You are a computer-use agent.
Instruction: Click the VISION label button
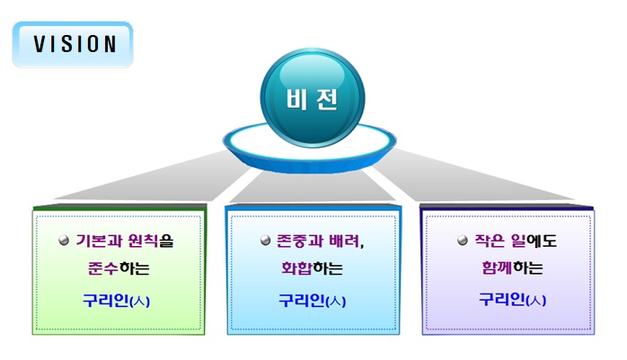click(x=73, y=44)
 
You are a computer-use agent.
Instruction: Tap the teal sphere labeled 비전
click(x=313, y=98)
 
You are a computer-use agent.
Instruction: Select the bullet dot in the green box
click(x=64, y=241)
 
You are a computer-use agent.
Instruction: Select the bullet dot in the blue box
click(x=266, y=241)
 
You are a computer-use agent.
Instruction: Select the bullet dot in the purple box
click(x=463, y=241)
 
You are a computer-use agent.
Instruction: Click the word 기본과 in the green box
click(x=99, y=241)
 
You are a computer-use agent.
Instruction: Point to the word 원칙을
click(x=151, y=241)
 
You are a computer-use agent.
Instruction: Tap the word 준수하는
click(x=119, y=268)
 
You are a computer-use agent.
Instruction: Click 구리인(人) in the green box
click(x=117, y=300)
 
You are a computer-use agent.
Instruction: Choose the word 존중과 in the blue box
click(x=300, y=241)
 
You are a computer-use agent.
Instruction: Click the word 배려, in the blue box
click(x=347, y=241)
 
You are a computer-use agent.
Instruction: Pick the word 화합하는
click(x=313, y=268)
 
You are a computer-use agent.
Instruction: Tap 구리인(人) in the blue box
click(x=313, y=300)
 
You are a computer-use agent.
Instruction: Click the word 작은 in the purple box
click(x=489, y=241)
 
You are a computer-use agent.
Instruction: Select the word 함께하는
click(x=512, y=268)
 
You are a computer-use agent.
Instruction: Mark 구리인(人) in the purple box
click(x=513, y=299)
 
